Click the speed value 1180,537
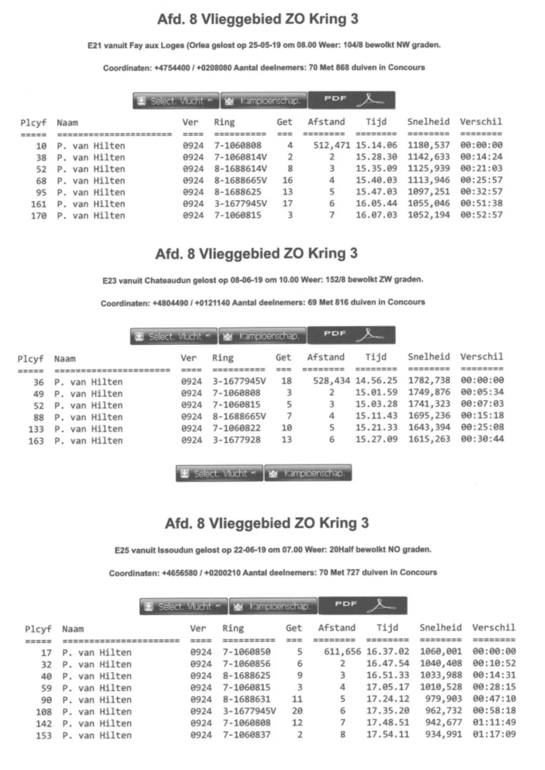pos(428,145)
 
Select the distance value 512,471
pos(332,146)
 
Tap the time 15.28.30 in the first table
pos(376,157)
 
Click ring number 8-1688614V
pos(240,169)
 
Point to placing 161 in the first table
pos(39,204)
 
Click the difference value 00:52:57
pos(481,215)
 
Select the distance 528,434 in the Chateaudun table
pos(331,381)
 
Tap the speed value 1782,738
pos(429,381)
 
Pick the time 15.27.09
pos(376,439)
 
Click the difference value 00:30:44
pos(482,439)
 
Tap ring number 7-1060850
pos(246,652)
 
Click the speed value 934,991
pos(443,735)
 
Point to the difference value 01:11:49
pos(494,723)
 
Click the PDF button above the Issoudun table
pos(362,605)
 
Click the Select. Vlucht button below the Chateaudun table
pos(219,473)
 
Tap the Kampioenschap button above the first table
pos(263,101)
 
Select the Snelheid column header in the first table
pos(428,122)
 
